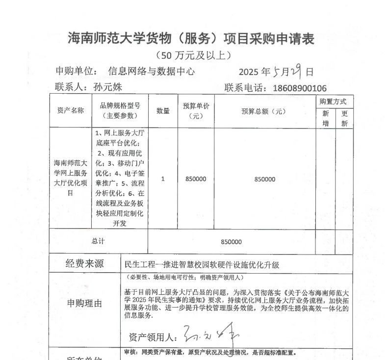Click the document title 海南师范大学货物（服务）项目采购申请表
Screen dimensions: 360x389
click(x=191, y=38)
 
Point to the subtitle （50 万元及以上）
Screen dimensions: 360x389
click(x=193, y=55)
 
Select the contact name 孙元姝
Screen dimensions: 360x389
click(x=107, y=87)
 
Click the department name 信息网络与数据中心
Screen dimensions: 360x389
click(x=151, y=72)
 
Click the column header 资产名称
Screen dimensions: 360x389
click(x=71, y=110)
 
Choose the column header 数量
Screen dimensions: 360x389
click(x=163, y=111)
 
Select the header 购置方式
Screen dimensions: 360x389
click(x=334, y=102)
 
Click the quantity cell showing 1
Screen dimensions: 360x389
click(x=163, y=179)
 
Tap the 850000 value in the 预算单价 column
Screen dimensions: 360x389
click(x=196, y=179)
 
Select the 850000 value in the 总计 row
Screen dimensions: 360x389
click(x=231, y=242)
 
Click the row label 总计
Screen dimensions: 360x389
click(x=98, y=241)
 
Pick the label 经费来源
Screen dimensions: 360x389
click(x=85, y=263)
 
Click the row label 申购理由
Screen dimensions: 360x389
click(x=85, y=304)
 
